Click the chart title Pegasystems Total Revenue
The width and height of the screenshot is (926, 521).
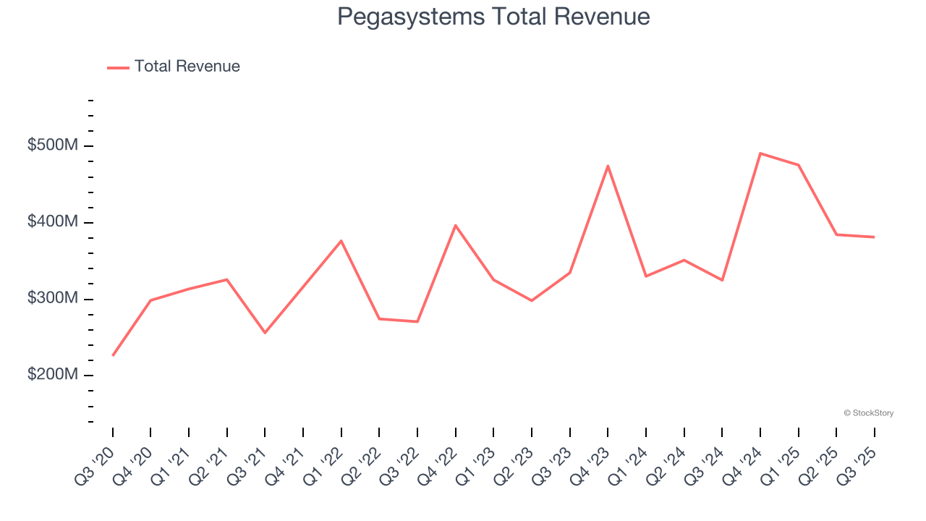point(493,17)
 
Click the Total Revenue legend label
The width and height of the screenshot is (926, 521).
point(187,67)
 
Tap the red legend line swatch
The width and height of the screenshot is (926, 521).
point(118,67)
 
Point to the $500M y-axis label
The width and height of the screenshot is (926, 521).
point(52,145)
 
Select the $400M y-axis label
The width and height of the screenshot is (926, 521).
point(52,221)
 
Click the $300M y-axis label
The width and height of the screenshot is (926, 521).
point(52,298)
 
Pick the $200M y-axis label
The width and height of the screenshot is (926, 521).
point(52,375)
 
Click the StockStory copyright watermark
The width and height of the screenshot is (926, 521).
point(868,413)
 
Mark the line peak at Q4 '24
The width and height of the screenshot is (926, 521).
point(760,153)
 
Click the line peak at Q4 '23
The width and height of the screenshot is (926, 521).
point(608,166)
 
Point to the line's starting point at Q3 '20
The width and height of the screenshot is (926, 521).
point(113,355)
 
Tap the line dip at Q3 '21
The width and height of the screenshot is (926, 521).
point(265,333)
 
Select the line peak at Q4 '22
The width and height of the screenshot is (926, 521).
point(455,225)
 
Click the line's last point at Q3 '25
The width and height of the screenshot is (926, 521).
point(874,237)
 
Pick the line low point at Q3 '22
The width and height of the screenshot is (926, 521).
point(417,321)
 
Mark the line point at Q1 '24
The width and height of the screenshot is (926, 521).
point(646,276)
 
